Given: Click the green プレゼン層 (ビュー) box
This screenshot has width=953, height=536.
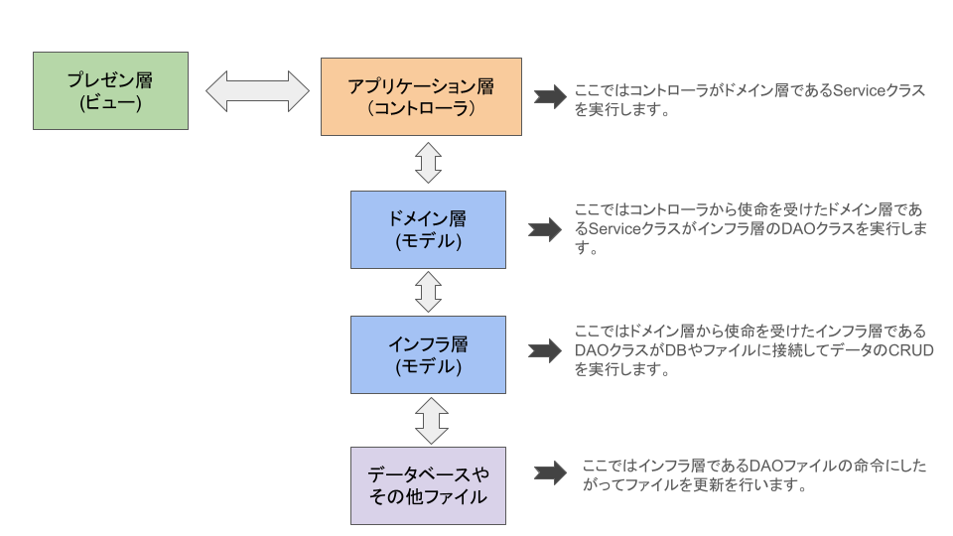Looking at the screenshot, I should click(110, 90).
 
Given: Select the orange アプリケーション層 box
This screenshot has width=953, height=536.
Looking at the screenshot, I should click(422, 96).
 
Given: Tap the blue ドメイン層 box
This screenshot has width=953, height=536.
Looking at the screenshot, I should click(428, 229).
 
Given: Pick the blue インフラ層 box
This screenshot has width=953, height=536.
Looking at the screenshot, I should click(428, 354).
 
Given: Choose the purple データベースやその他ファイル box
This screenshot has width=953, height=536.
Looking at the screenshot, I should click(428, 485).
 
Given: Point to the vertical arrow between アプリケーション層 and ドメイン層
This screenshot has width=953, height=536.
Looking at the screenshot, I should click(428, 162).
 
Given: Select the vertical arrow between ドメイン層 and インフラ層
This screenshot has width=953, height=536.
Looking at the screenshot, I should click(428, 292).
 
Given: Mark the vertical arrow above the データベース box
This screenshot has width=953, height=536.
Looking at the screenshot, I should click(428, 420).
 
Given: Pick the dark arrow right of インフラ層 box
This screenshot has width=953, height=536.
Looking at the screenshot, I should click(545, 351).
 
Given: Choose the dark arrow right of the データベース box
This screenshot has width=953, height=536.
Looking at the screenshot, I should click(550, 474).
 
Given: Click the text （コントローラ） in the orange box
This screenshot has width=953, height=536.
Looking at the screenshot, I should click(422, 109).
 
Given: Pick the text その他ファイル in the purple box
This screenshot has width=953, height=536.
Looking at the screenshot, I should click(428, 497).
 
